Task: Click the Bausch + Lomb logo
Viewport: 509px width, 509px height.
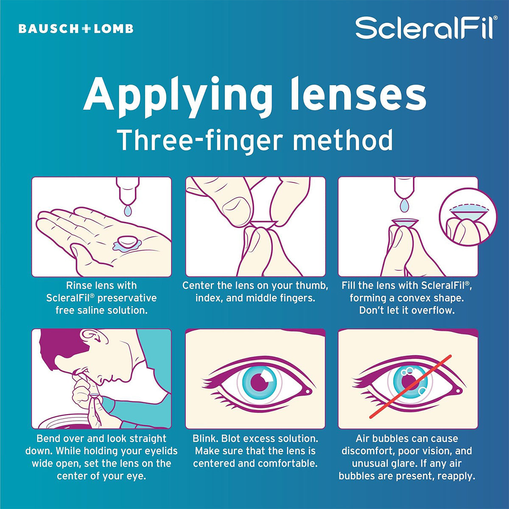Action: coord(76,29)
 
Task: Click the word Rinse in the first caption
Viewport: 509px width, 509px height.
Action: coord(78,286)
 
